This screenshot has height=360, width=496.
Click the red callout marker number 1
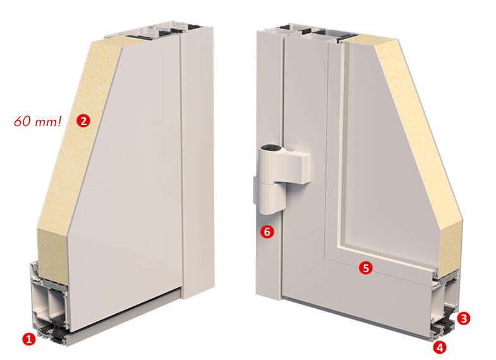[29, 339]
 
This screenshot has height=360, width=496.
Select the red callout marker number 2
[83, 121]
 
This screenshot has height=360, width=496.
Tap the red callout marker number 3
[463, 318]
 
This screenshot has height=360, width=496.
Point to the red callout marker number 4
[440, 347]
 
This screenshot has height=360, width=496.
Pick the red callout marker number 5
[366, 268]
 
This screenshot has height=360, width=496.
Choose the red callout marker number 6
[267, 232]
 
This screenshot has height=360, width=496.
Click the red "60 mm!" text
[38, 121]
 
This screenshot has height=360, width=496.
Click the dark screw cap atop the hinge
[272, 147]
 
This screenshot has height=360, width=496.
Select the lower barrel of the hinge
[272, 198]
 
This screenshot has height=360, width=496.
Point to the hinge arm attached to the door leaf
[298, 167]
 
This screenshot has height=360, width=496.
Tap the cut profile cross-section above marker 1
[51, 303]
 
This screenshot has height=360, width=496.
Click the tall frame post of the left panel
[198, 161]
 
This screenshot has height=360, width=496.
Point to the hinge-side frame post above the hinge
[269, 85]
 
